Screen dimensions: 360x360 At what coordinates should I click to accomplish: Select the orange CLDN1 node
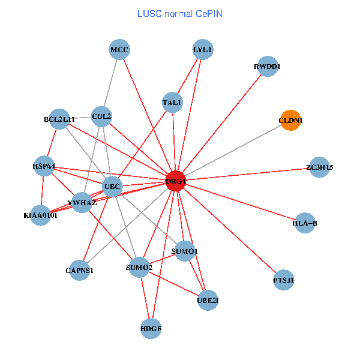coord(290,121)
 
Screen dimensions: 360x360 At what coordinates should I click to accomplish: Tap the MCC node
coord(119,50)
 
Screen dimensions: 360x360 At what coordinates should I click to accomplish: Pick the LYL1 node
coord(203,50)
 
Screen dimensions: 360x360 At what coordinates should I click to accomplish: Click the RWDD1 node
coord(268,67)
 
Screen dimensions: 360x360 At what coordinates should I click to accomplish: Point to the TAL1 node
coord(172,103)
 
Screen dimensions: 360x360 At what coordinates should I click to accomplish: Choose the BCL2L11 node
coord(59,119)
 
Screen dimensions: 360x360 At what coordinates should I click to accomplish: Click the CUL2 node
coord(101,116)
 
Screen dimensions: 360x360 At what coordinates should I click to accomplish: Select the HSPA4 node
coord(44,166)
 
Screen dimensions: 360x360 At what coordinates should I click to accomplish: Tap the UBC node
coord(112,187)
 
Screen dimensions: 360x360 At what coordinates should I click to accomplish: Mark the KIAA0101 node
coord(41,215)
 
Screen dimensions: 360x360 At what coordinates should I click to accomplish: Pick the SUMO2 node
coord(139,267)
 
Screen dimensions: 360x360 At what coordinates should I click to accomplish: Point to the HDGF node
coord(151,328)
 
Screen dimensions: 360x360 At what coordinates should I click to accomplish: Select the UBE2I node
coord(208,300)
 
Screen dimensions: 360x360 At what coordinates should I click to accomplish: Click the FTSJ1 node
coord(284,280)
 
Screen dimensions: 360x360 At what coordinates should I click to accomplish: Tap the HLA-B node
coord(305,223)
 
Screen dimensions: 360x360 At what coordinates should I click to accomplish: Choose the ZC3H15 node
coord(319,167)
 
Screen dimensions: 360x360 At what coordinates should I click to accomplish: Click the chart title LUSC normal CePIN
coord(179,13)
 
